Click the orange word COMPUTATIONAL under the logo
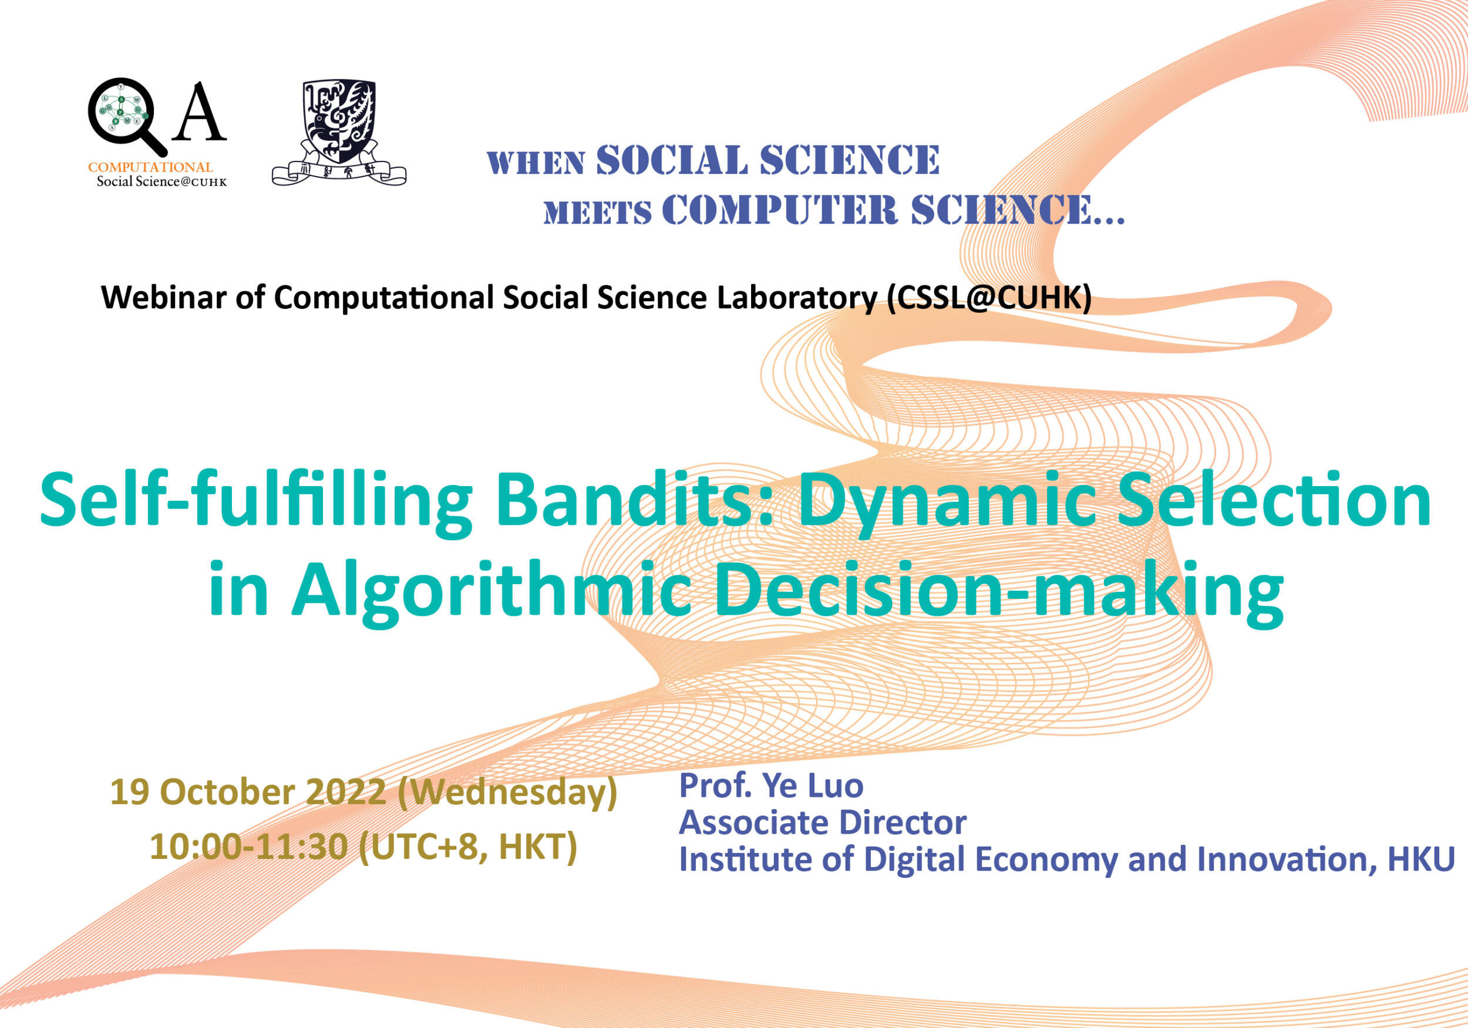click(x=150, y=167)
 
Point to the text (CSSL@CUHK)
click(x=989, y=298)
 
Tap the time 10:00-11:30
click(x=249, y=847)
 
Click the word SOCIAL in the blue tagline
click(x=671, y=160)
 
